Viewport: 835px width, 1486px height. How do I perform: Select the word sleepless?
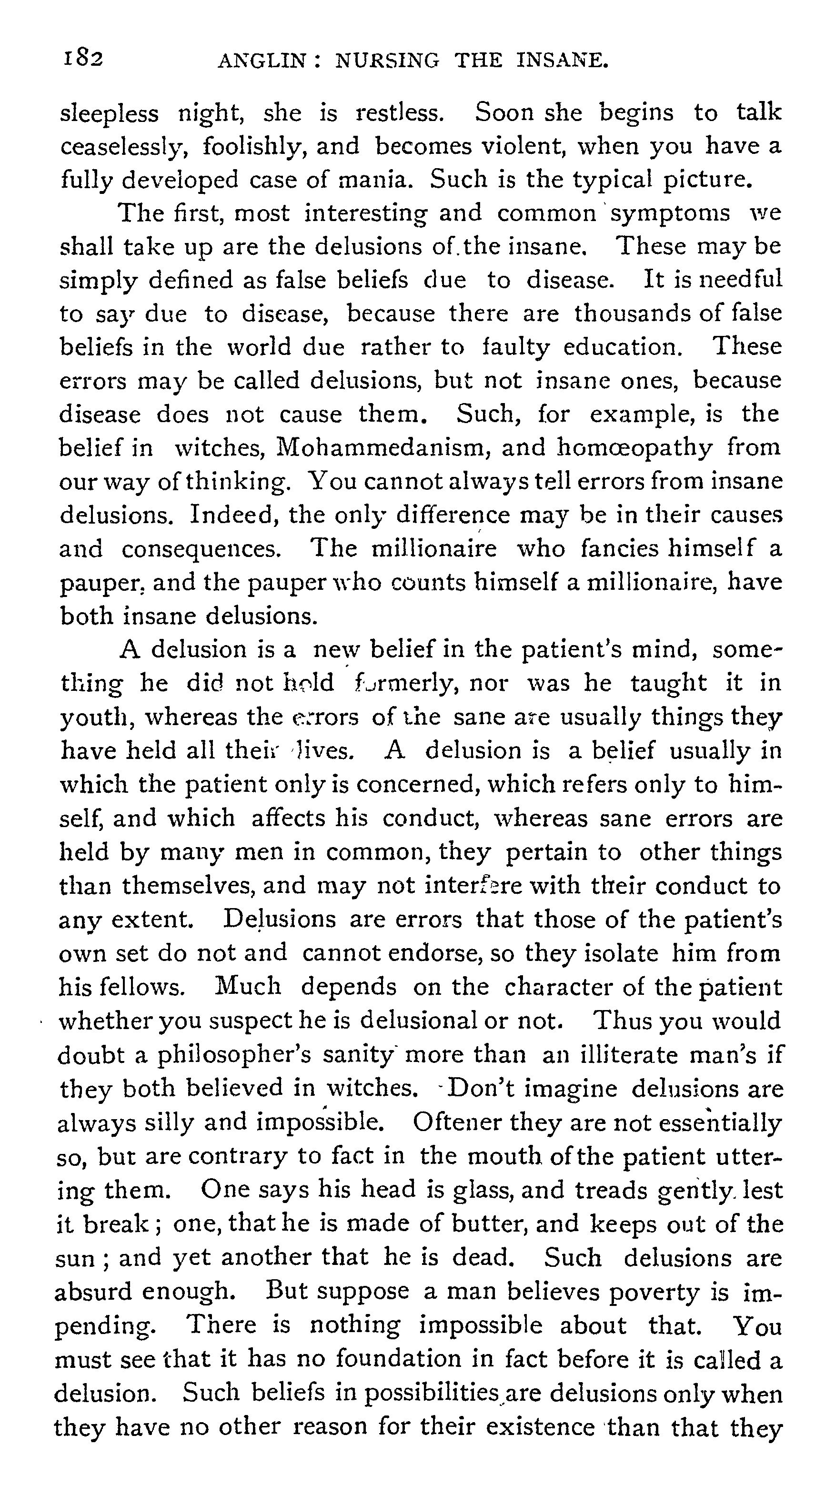point(110,113)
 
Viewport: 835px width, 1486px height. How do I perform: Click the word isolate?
point(621,952)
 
